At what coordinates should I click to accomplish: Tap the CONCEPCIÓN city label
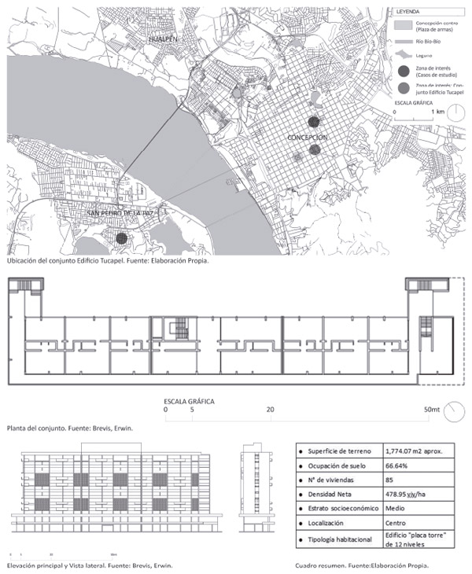[307, 137]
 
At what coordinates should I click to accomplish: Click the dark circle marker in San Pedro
[120, 237]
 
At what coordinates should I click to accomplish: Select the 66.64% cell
[398, 465]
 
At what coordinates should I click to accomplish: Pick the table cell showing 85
[390, 480]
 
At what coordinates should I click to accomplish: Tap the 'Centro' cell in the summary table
[396, 523]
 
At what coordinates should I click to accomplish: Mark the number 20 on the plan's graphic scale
[270, 410]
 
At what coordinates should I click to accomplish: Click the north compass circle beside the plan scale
[452, 410]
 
